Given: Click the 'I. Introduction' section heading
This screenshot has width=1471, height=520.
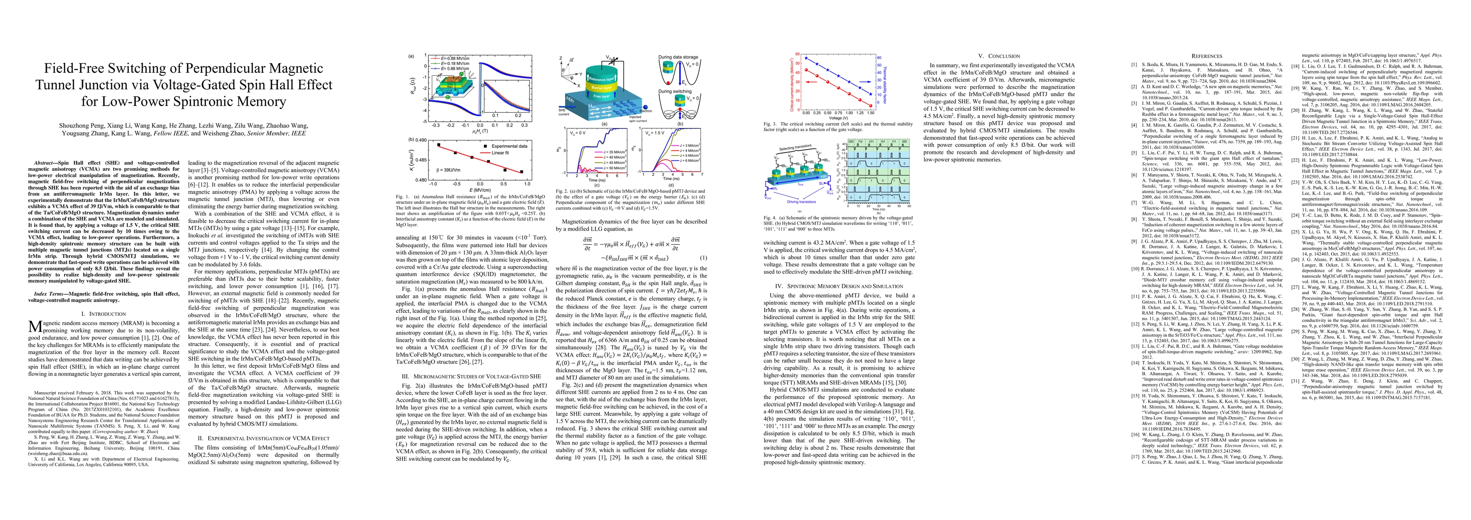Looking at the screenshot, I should coord(103,314).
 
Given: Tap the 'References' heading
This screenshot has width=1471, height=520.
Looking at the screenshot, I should coord(1206,56).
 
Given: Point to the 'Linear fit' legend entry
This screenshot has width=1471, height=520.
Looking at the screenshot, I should coord(500,153).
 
